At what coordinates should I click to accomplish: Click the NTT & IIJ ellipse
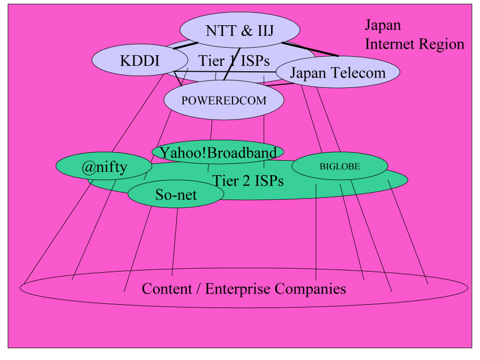pyautogui.click(x=239, y=30)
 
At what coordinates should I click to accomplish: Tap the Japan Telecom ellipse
pyautogui.click(x=337, y=73)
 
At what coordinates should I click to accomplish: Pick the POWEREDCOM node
pyautogui.click(x=223, y=100)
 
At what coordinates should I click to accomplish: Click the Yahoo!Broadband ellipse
pyautogui.click(x=218, y=152)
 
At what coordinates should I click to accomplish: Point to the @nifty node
pyautogui.click(x=104, y=168)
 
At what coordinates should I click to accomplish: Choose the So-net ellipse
pyautogui.click(x=176, y=195)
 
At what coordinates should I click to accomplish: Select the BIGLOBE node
pyautogui.click(x=340, y=166)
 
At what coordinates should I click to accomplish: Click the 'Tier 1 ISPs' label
pyautogui.click(x=234, y=61)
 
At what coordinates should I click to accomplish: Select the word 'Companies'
pyautogui.click(x=311, y=289)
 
